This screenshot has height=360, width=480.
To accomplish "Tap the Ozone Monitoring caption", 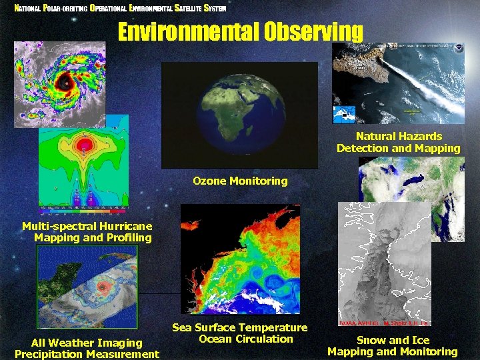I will coord(240,181).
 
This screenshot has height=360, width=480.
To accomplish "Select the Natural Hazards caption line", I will coord(398,135).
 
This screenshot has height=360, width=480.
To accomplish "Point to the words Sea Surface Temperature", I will coord(240,327).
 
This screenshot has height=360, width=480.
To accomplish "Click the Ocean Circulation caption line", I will coord(246,339).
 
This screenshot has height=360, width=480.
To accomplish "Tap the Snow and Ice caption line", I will coord(393,340).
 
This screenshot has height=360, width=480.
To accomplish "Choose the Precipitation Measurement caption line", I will coord(87,354).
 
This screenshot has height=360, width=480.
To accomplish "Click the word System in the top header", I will coord(213,9).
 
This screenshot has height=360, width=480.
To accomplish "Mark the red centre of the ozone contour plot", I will coord(85,144).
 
